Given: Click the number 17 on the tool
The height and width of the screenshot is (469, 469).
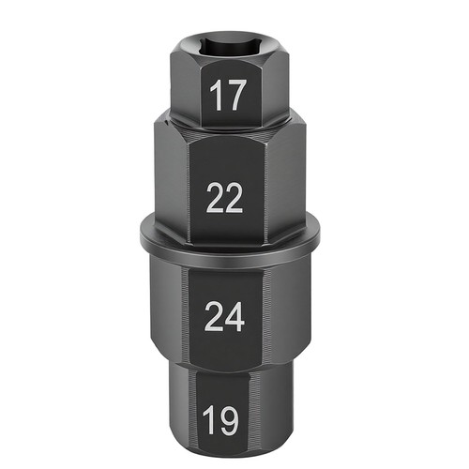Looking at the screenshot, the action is pos(226,95).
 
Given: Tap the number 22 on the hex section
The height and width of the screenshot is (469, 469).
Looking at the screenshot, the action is pos(224,198).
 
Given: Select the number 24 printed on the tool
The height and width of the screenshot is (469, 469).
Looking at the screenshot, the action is pos(224,316).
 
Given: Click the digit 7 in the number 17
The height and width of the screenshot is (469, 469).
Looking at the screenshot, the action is pos(233,95).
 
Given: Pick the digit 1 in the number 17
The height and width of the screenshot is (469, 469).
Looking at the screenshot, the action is pos(214,95).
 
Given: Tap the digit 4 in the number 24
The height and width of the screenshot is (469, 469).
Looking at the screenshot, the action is pos(234,316).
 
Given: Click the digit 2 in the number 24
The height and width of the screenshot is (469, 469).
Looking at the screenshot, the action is pos(214,316).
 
